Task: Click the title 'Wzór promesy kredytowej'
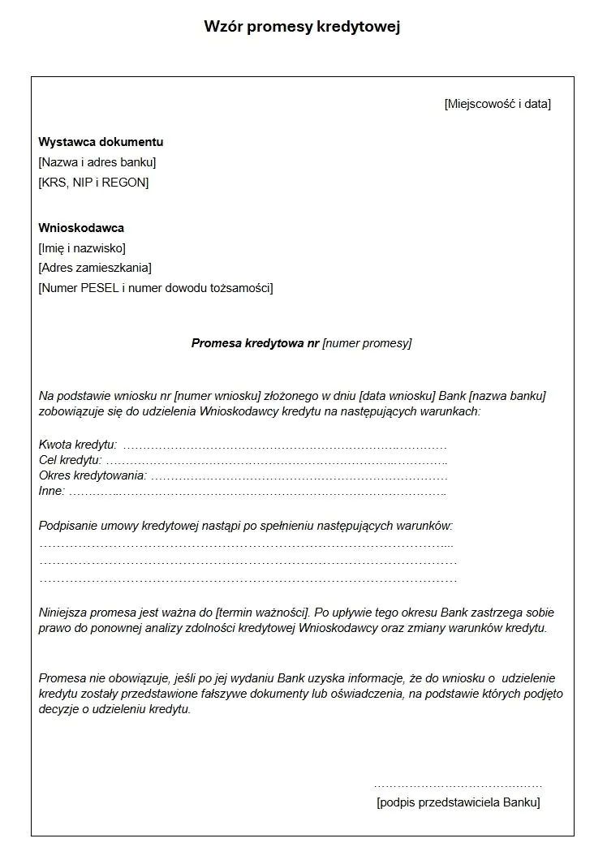point(303,27)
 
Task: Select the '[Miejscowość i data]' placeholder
point(497,104)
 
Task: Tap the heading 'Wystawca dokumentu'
point(101,142)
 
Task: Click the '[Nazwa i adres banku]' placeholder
point(97,162)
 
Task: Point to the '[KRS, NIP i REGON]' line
point(93,183)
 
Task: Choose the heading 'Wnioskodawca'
point(81,228)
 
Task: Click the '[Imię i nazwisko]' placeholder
point(82,248)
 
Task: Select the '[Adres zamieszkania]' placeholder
point(95,268)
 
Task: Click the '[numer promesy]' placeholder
point(367,343)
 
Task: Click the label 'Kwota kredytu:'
point(78,445)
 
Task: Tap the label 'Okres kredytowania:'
point(93,475)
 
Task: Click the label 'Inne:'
point(51,491)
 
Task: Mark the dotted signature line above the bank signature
point(458,786)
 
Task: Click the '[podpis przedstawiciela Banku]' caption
point(458,802)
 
